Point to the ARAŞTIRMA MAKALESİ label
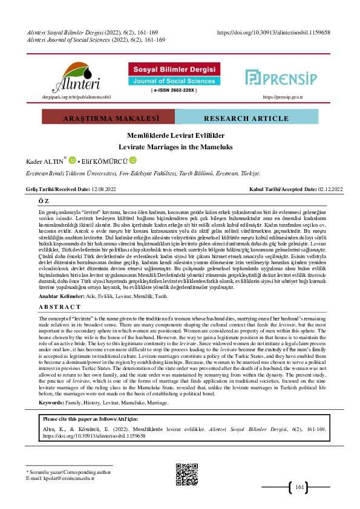click(90, 118)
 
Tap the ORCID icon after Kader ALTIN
click(72, 161)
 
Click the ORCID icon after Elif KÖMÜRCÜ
click(133, 161)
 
